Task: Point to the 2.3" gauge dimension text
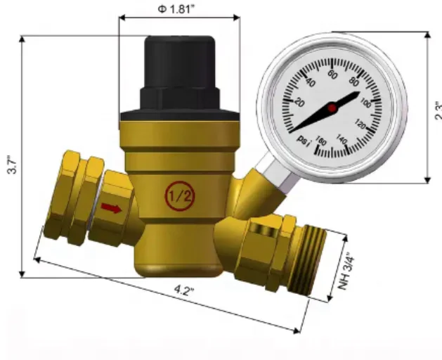point(436,110)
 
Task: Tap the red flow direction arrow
point(110,207)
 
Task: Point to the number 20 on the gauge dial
point(297,103)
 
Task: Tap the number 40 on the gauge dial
point(309,84)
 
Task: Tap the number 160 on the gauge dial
point(320,143)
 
